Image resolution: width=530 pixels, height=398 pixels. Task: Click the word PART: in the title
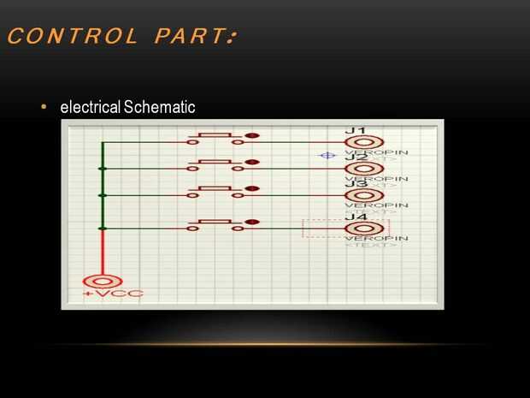click(x=194, y=37)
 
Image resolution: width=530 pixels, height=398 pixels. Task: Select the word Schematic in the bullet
click(x=159, y=108)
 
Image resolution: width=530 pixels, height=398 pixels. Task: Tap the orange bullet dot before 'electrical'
click(x=43, y=108)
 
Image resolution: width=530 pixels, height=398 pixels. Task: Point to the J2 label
click(x=356, y=157)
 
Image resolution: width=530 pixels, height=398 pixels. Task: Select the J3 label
click(x=356, y=184)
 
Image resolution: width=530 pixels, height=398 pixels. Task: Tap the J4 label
click(x=356, y=217)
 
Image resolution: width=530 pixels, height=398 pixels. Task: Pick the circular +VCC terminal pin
click(x=102, y=281)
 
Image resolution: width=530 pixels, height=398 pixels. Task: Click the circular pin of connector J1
click(x=364, y=142)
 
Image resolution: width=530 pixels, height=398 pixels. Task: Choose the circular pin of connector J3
click(x=364, y=195)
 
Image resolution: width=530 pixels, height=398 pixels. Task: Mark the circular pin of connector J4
click(x=364, y=228)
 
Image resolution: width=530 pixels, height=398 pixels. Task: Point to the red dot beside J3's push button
click(x=251, y=189)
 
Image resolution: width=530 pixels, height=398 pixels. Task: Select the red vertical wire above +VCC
click(x=102, y=252)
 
